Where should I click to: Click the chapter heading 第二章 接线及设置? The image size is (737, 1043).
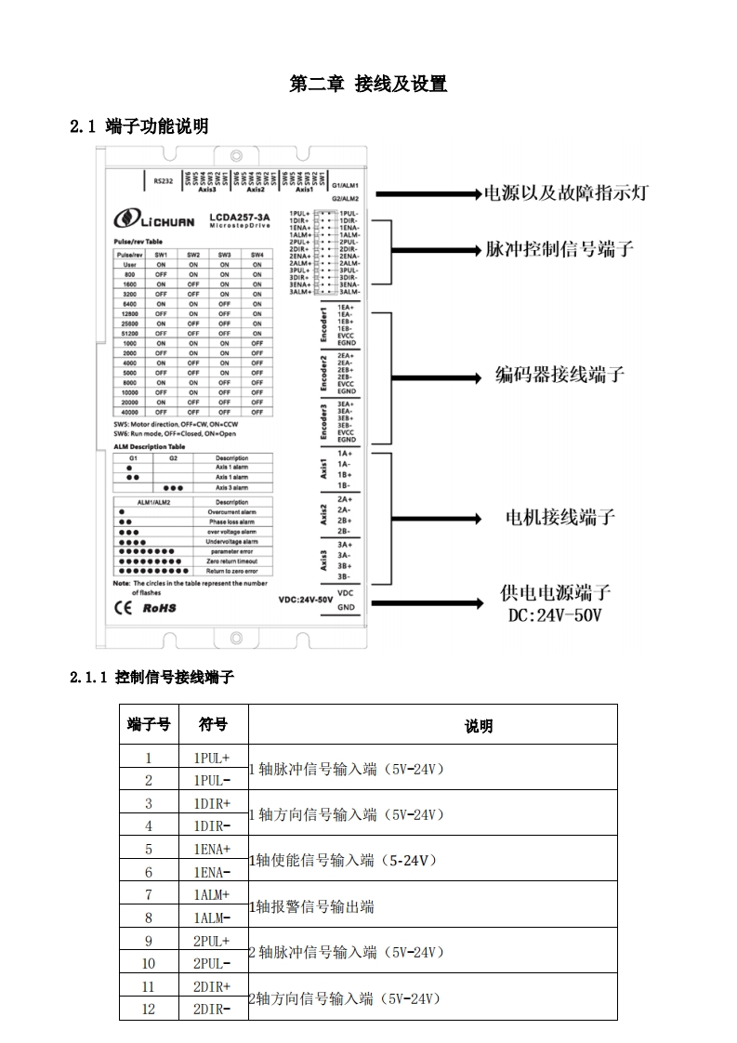[368, 85]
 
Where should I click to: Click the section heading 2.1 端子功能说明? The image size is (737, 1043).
[139, 126]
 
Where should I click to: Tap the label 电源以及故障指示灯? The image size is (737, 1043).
[565, 193]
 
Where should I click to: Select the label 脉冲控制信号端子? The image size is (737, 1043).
[559, 249]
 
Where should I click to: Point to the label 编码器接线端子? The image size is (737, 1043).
[559, 376]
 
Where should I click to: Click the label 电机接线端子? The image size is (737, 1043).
[559, 517]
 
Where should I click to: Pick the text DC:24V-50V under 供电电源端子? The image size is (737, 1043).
[554, 616]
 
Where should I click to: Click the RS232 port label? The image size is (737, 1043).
[164, 181]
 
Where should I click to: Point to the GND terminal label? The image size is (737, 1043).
[346, 608]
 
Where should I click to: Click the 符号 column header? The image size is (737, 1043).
[212, 724]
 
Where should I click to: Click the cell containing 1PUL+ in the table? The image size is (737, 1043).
[212, 758]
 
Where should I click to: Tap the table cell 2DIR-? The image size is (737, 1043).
[212, 1009]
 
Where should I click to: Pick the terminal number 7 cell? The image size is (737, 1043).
[148, 894]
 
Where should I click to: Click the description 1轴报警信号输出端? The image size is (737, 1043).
[311, 906]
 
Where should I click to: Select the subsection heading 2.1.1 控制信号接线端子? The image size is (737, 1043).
[151, 679]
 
